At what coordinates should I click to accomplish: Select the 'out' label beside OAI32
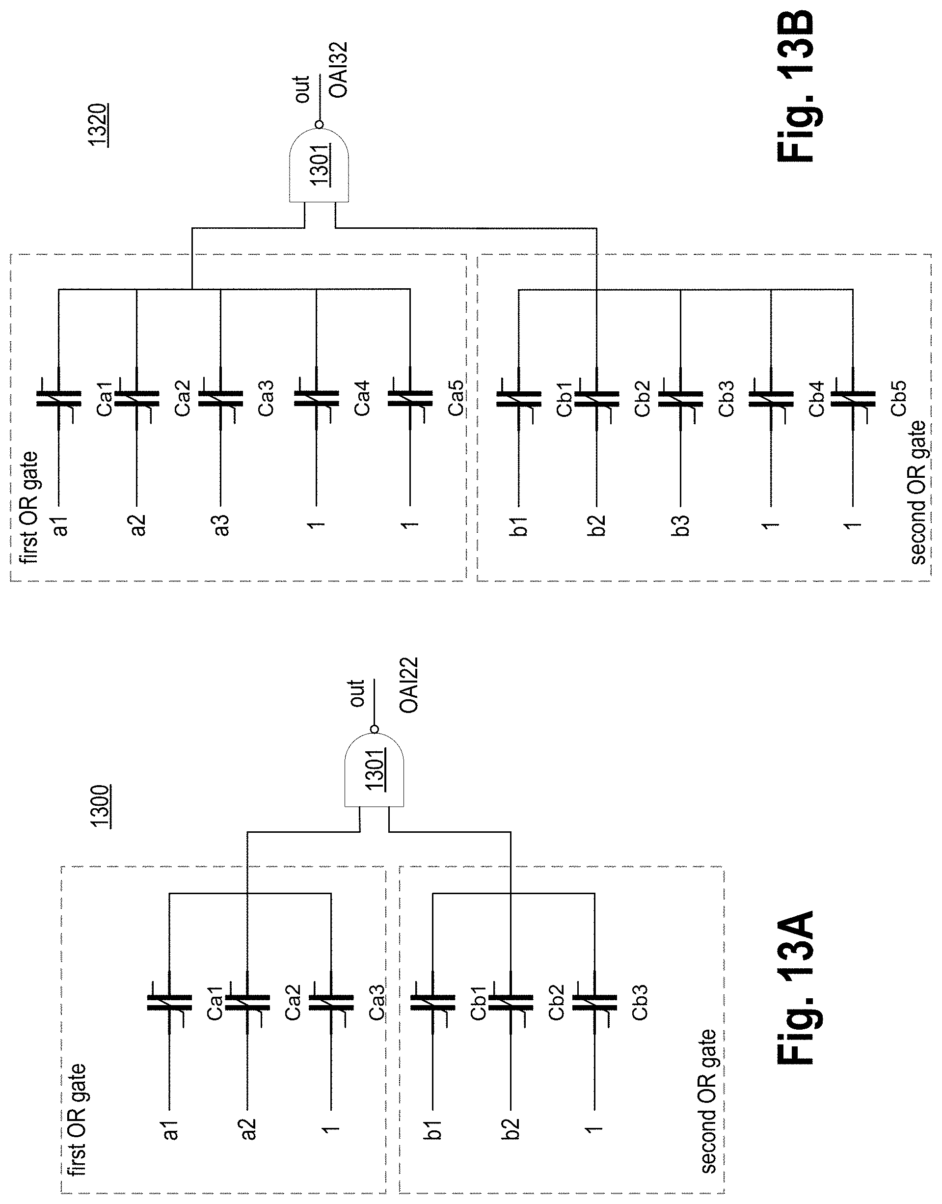pos(302,89)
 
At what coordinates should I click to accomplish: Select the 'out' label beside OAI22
pos(357,693)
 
